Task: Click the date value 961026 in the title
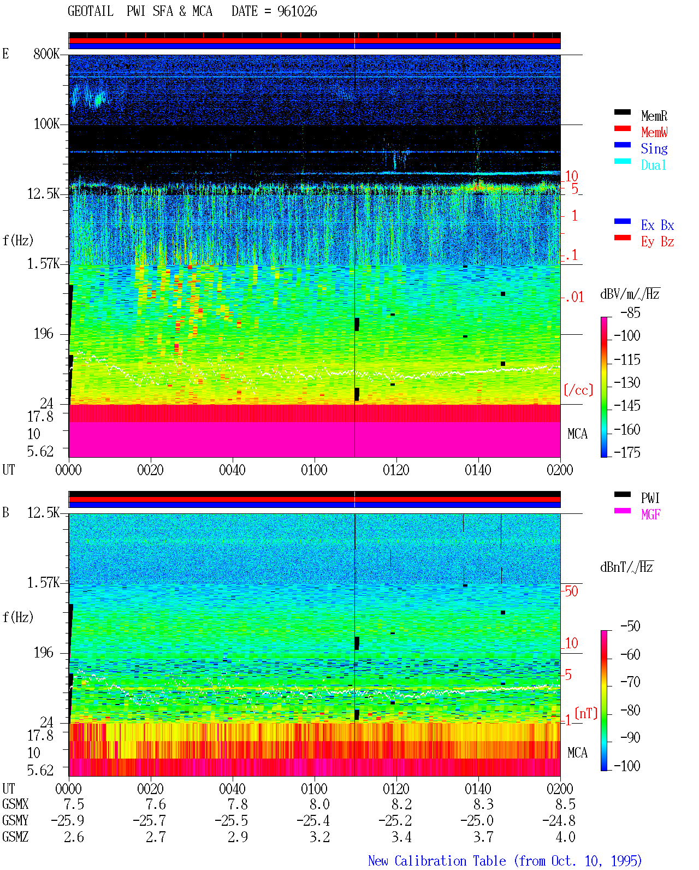click(297, 11)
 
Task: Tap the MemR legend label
click(654, 116)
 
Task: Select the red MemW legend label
click(654, 132)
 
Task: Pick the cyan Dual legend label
click(654, 165)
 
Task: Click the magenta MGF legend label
click(650, 514)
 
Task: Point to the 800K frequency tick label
click(46, 54)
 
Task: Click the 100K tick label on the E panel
click(46, 124)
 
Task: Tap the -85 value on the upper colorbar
click(630, 312)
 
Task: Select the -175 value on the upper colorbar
click(627, 452)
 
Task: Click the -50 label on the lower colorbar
click(630, 626)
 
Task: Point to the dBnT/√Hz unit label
click(627, 567)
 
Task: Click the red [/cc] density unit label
click(578, 390)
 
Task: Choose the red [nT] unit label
click(586, 713)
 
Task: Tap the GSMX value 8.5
click(565, 804)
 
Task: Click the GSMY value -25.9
click(67, 821)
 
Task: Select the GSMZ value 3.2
click(319, 837)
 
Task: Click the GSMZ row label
click(15, 837)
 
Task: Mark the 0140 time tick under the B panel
click(478, 789)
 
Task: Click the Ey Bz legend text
click(657, 242)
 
